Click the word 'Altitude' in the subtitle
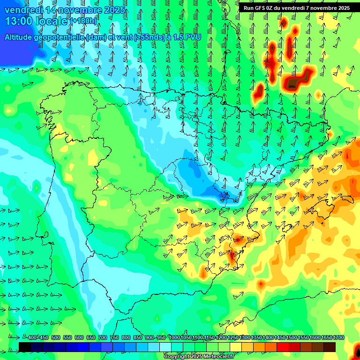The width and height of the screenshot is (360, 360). (22, 37)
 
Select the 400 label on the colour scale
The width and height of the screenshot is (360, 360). (32, 337)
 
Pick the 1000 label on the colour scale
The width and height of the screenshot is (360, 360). (174, 337)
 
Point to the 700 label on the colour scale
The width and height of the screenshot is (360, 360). (103, 337)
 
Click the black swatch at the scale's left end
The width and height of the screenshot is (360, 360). (25, 347)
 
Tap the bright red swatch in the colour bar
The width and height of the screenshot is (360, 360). (283, 347)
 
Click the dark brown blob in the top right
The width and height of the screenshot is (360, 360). (294, 83)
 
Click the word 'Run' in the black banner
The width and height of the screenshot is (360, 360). (248, 8)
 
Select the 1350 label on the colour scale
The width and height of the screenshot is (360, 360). (256, 337)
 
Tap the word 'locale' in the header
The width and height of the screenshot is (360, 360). (52, 21)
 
